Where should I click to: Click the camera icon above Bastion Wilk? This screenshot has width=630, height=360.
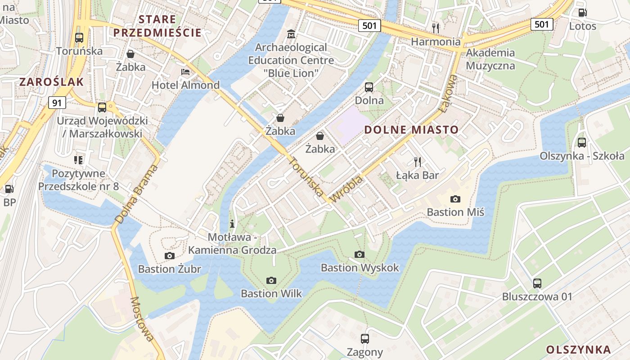pyautogui.click(x=271, y=280)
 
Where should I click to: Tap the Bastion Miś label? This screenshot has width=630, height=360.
pyautogui.click(x=455, y=212)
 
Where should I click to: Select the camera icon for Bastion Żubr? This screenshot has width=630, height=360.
pyautogui.click(x=170, y=256)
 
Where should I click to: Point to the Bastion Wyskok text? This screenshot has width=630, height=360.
pyautogui.click(x=360, y=268)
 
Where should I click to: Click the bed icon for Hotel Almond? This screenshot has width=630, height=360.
pyautogui.click(x=185, y=72)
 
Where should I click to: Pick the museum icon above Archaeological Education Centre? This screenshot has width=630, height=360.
pyautogui.click(x=291, y=34)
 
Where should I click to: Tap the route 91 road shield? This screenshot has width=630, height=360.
pyautogui.click(x=57, y=103)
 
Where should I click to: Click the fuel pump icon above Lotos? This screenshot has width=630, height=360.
pyautogui.click(x=582, y=13)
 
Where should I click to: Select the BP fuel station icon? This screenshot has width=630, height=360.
pyautogui.click(x=9, y=189)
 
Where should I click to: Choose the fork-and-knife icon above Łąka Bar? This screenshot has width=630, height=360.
pyautogui.click(x=418, y=162)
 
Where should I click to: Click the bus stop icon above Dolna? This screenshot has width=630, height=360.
pyautogui.click(x=369, y=87)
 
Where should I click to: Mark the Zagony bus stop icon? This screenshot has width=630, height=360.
pyautogui.click(x=364, y=339)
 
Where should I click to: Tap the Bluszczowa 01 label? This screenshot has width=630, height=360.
pyautogui.click(x=537, y=297)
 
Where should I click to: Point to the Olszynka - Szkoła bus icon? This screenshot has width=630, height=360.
pyautogui.click(x=582, y=143)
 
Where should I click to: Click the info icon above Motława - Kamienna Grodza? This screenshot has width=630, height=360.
pyautogui.click(x=232, y=224)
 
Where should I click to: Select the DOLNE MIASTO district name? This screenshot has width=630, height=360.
pyautogui.click(x=411, y=130)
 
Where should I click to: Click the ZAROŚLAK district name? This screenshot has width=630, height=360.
pyautogui.click(x=51, y=81)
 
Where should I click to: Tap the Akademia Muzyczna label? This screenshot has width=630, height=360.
pyautogui.click(x=490, y=59)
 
